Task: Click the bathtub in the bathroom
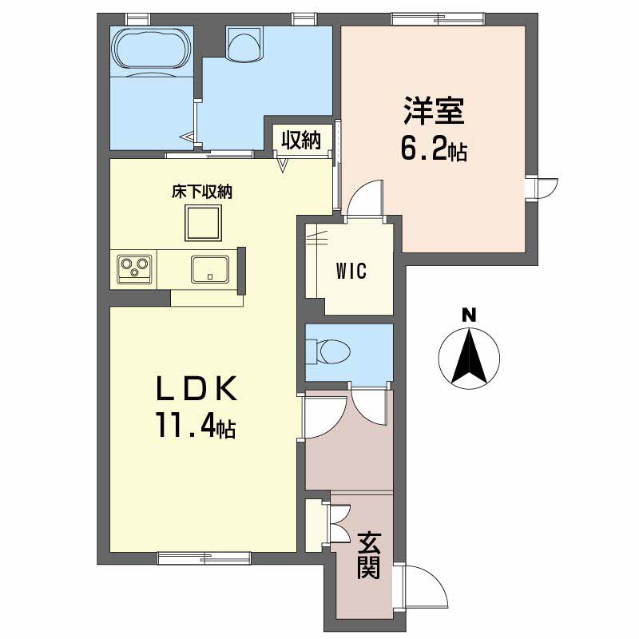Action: pyautogui.click(x=153, y=48)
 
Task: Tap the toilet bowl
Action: pyautogui.click(x=331, y=351)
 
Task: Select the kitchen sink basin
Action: pyautogui.click(x=210, y=269)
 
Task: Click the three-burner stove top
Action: pyautogui.click(x=134, y=269)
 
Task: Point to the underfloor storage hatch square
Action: pyautogui.click(x=204, y=223)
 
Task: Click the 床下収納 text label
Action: pyautogui.click(x=202, y=192)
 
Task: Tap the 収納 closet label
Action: pyautogui.click(x=302, y=141)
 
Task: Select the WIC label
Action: pyautogui.click(x=351, y=271)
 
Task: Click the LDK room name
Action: pyautogui.click(x=196, y=388)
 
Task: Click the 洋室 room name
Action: pyautogui.click(x=434, y=111)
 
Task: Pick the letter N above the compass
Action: pyautogui.click(x=469, y=316)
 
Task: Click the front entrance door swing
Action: pyautogui.click(x=421, y=587)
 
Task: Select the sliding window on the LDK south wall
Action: pyautogui.click(x=204, y=558)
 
